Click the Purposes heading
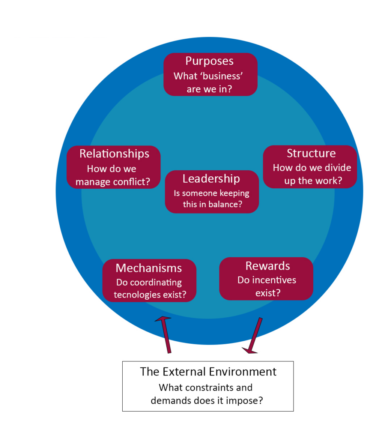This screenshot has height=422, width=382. click(210, 61)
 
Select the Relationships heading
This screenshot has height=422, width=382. click(114, 154)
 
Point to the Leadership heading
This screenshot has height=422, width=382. click(211, 178)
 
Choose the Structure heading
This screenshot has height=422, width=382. click(311, 153)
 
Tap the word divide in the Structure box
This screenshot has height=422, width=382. click(336, 168)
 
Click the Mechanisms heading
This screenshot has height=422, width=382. click(149, 268)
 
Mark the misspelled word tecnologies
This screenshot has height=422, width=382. click(138, 295)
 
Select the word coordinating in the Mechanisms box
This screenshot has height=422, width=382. click(156, 283)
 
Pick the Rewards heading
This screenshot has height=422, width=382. click(268, 266)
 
